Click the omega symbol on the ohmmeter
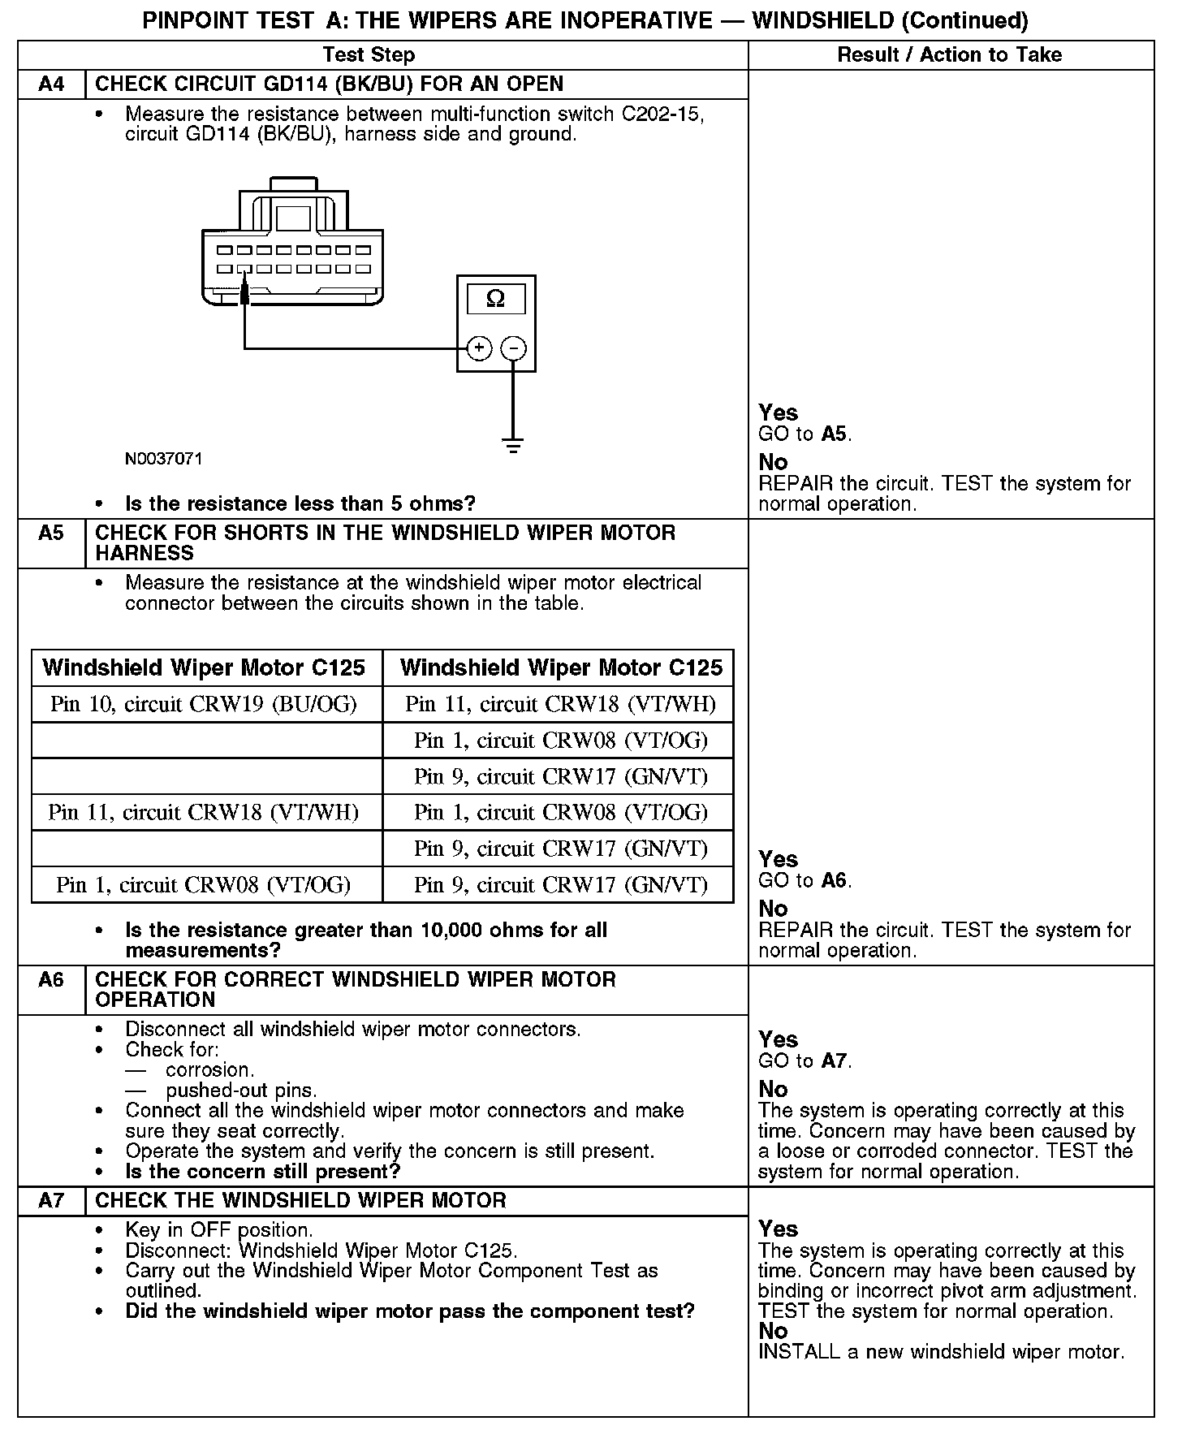[495, 299]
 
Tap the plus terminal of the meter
[479, 348]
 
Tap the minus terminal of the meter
[513, 348]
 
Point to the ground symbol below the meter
[513, 444]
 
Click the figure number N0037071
[163, 459]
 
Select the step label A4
[51, 84]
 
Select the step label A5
[51, 533]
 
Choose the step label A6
[51, 980]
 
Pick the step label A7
[51, 1201]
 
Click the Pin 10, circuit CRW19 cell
[204, 704]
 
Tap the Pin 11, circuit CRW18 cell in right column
[560, 704]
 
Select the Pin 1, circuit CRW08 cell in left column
[204, 884]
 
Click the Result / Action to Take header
[949, 55]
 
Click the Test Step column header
[369, 55]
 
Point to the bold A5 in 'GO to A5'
[835, 434]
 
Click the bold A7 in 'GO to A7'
[835, 1060]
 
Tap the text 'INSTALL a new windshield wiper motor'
[941, 1352]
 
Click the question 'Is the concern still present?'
[263, 1172]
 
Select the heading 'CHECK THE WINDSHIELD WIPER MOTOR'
[300, 1201]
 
